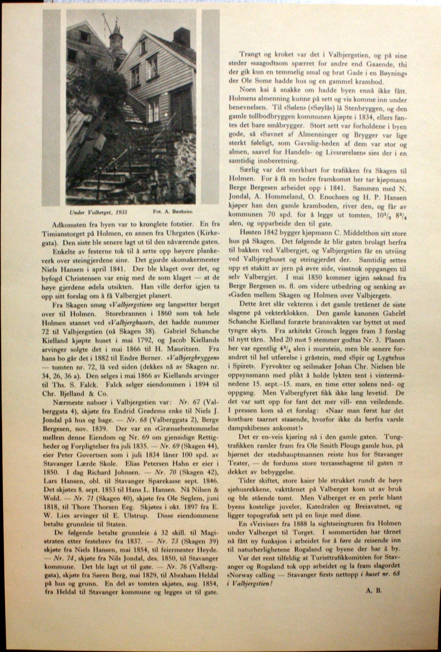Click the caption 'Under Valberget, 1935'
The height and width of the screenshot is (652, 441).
[x=98, y=213]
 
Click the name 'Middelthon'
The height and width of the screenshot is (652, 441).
[x=368, y=233]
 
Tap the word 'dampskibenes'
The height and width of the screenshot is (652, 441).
[x=250, y=427]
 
